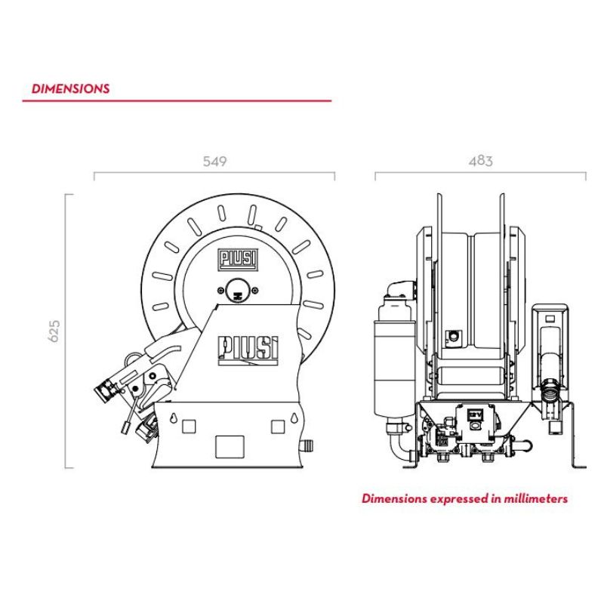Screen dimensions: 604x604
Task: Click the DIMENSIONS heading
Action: click(70, 88)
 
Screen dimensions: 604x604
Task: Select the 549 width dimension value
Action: click(214, 161)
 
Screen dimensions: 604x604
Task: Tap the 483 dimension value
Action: click(480, 161)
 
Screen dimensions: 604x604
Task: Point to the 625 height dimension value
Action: click(54, 331)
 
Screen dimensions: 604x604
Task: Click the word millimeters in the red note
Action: click(536, 499)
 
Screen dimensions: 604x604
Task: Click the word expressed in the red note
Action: click(460, 499)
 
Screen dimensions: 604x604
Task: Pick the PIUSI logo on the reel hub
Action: click(238, 259)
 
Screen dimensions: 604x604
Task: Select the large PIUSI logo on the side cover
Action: click(248, 350)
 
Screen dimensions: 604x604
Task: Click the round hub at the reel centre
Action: click(238, 291)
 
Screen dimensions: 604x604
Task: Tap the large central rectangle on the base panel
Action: click(230, 447)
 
